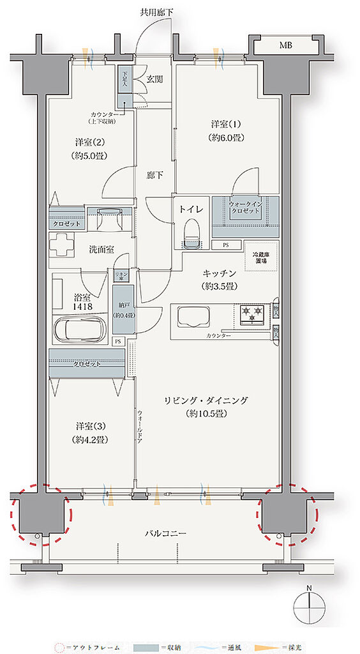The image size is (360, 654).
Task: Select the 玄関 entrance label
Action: click(x=154, y=79)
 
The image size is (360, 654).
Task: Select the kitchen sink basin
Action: click(x=193, y=317)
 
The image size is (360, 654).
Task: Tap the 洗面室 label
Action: click(x=101, y=249)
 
